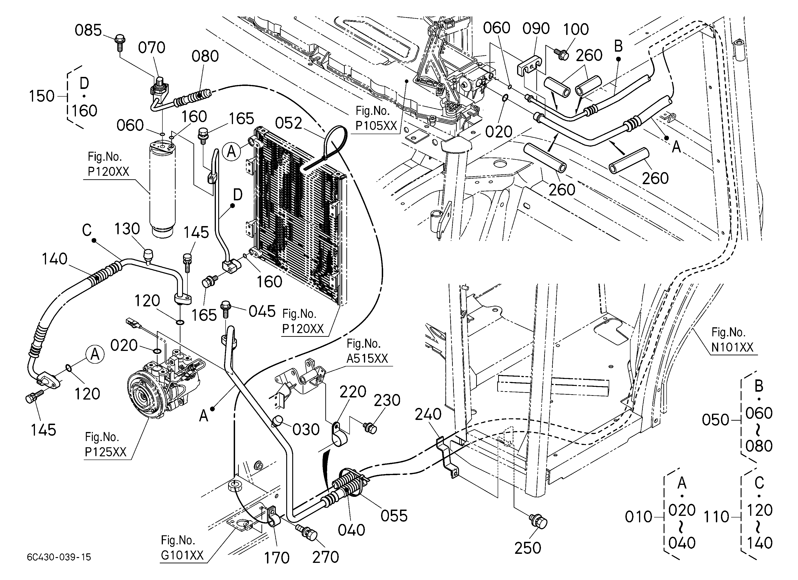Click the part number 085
coord(88,30)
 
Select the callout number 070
coord(152,47)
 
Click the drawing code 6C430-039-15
coord(59,557)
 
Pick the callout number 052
coord(289,123)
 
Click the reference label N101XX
coord(733,347)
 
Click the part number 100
coord(576,29)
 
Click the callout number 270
coord(326,557)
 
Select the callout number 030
coord(306,430)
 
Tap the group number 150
coord(41,96)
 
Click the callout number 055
coord(394,516)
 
